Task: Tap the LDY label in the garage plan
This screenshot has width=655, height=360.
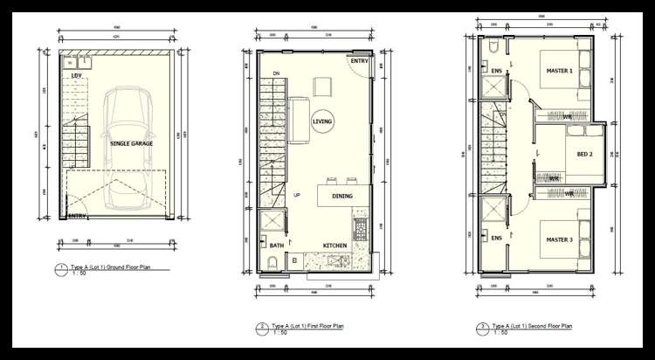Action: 77,75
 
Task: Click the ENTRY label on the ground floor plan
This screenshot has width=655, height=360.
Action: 77,216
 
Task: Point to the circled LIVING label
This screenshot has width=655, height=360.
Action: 321,122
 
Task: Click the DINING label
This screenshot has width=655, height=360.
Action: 342,196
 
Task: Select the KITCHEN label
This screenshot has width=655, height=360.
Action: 335,246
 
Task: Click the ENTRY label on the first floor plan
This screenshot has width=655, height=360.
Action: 359,61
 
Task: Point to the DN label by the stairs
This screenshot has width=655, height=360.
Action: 276,73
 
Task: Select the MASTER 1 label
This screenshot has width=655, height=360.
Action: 559,71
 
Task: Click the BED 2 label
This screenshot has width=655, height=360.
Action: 584,155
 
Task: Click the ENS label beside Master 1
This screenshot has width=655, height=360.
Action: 496,71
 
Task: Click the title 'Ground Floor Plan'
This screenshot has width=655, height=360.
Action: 110,271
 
